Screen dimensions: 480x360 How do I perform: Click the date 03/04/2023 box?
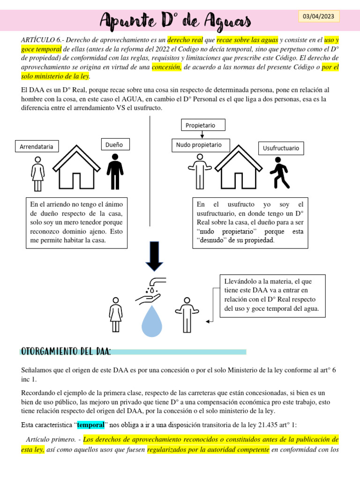click(319, 16)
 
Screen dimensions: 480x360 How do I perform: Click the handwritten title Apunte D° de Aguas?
click(176, 20)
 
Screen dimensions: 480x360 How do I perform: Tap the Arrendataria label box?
click(36, 147)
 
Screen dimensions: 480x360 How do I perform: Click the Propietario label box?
click(202, 125)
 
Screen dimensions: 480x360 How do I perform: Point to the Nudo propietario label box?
click(199, 145)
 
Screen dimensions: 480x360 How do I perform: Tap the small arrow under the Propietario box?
click(202, 135)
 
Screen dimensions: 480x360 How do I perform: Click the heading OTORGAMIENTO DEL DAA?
click(66, 352)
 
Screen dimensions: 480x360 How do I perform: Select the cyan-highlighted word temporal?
click(90, 425)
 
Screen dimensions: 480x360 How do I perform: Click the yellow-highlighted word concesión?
click(166, 67)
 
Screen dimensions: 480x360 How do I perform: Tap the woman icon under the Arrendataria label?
click(37, 173)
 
